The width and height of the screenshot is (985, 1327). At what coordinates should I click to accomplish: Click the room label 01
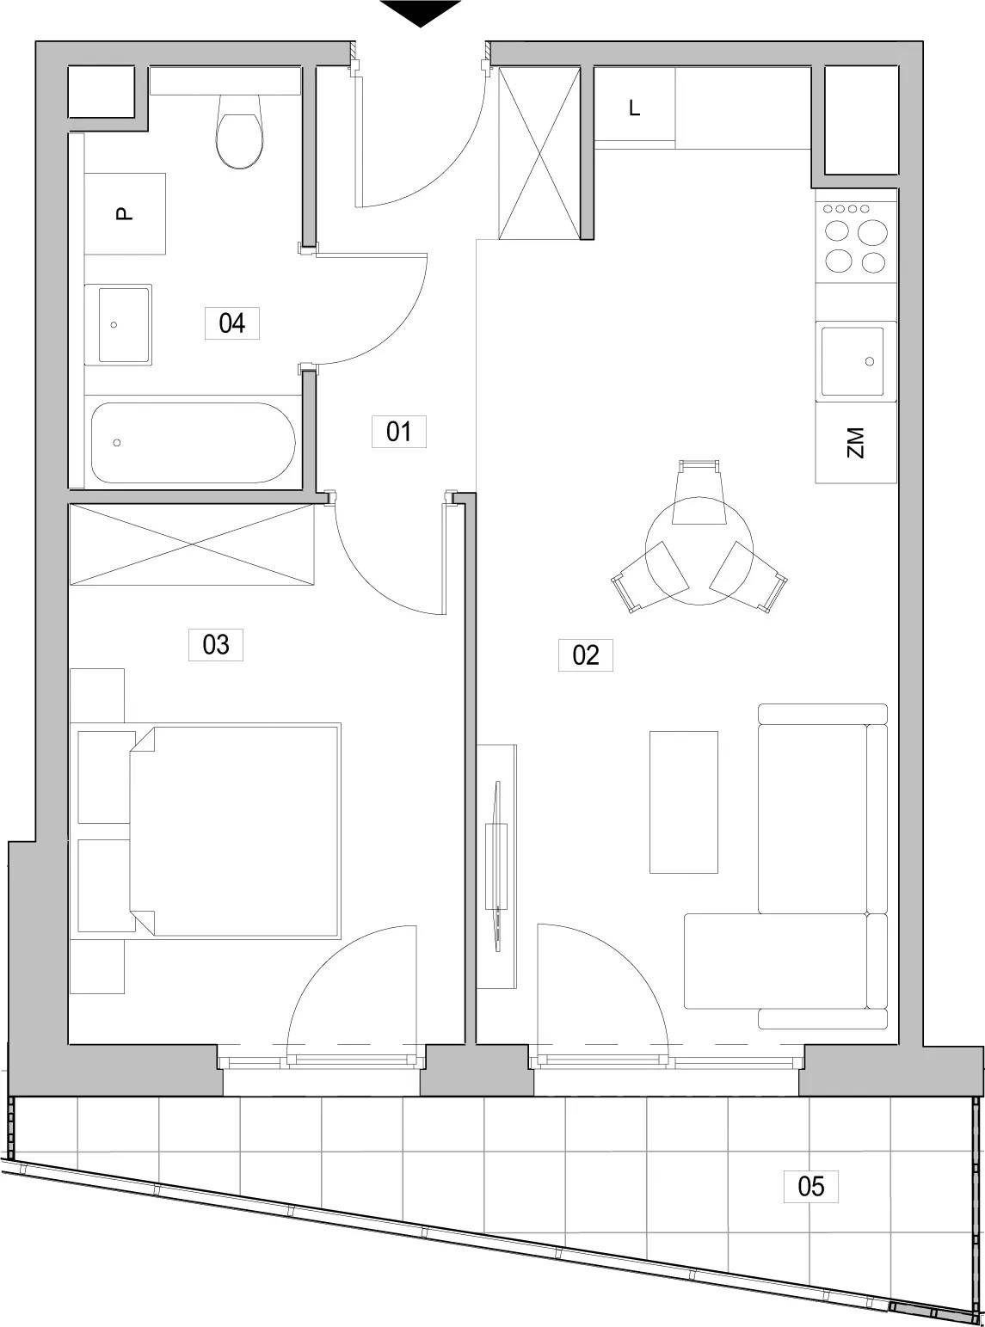pyautogui.click(x=398, y=432)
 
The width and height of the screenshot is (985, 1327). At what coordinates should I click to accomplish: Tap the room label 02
pyautogui.click(x=585, y=655)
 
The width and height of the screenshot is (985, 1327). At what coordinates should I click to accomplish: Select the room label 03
pyautogui.click(x=215, y=645)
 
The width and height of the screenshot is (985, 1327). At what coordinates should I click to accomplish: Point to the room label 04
pyautogui.click(x=231, y=323)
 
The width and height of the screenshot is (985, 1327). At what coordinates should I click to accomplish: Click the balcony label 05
pyautogui.click(x=811, y=1186)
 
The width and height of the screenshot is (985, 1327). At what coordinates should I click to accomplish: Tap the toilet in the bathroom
pyautogui.click(x=239, y=131)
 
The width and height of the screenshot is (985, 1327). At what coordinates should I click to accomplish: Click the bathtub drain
pyautogui.click(x=117, y=443)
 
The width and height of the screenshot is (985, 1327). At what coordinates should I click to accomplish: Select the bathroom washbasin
pyautogui.click(x=118, y=325)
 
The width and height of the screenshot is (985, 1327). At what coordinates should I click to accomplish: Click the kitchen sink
pyautogui.click(x=853, y=361)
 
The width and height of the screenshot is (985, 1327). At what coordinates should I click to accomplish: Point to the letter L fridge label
pyautogui.click(x=635, y=108)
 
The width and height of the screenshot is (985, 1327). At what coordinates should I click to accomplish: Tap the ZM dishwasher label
pyautogui.click(x=856, y=443)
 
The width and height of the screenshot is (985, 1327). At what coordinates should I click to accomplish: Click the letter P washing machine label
pyautogui.click(x=125, y=213)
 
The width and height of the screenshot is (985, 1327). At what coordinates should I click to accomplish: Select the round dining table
pyautogui.click(x=699, y=551)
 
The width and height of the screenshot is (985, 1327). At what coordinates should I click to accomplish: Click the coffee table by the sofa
pyautogui.click(x=683, y=802)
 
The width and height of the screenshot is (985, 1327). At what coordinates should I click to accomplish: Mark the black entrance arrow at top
pyautogui.click(x=421, y=13)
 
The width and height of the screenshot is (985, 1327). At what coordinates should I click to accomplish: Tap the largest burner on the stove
pyautogui.click(x=872, y=233)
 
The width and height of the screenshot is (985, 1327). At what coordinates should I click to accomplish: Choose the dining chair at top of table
pyautogui.click(x=699, y=491)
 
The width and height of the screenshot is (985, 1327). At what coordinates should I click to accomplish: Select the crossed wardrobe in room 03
pyautogui.click(x=192, y=544)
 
